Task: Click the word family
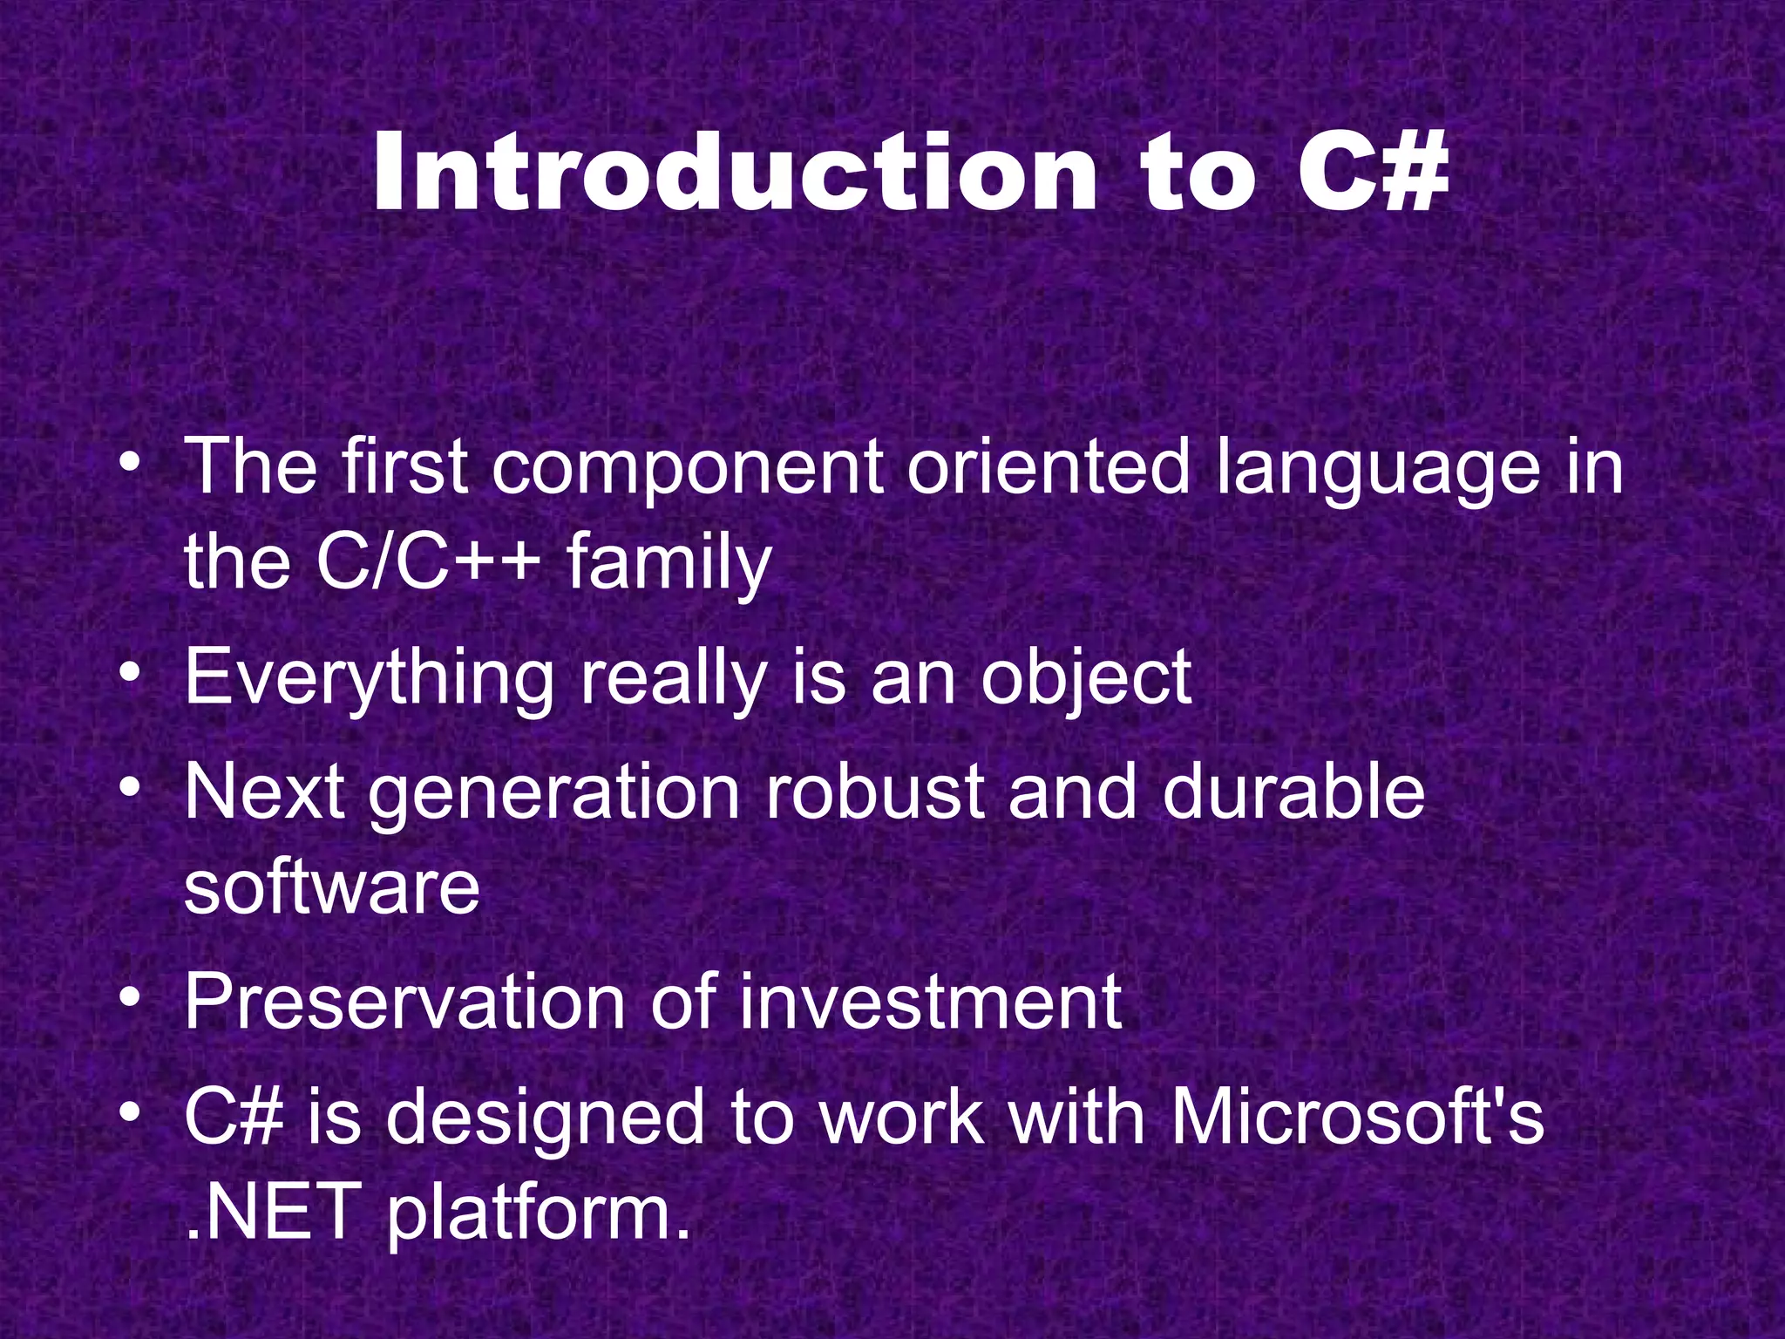click(669, 564)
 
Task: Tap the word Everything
click(369, 680)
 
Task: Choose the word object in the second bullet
click(1086, 680)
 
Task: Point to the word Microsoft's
click(1356, 1118)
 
